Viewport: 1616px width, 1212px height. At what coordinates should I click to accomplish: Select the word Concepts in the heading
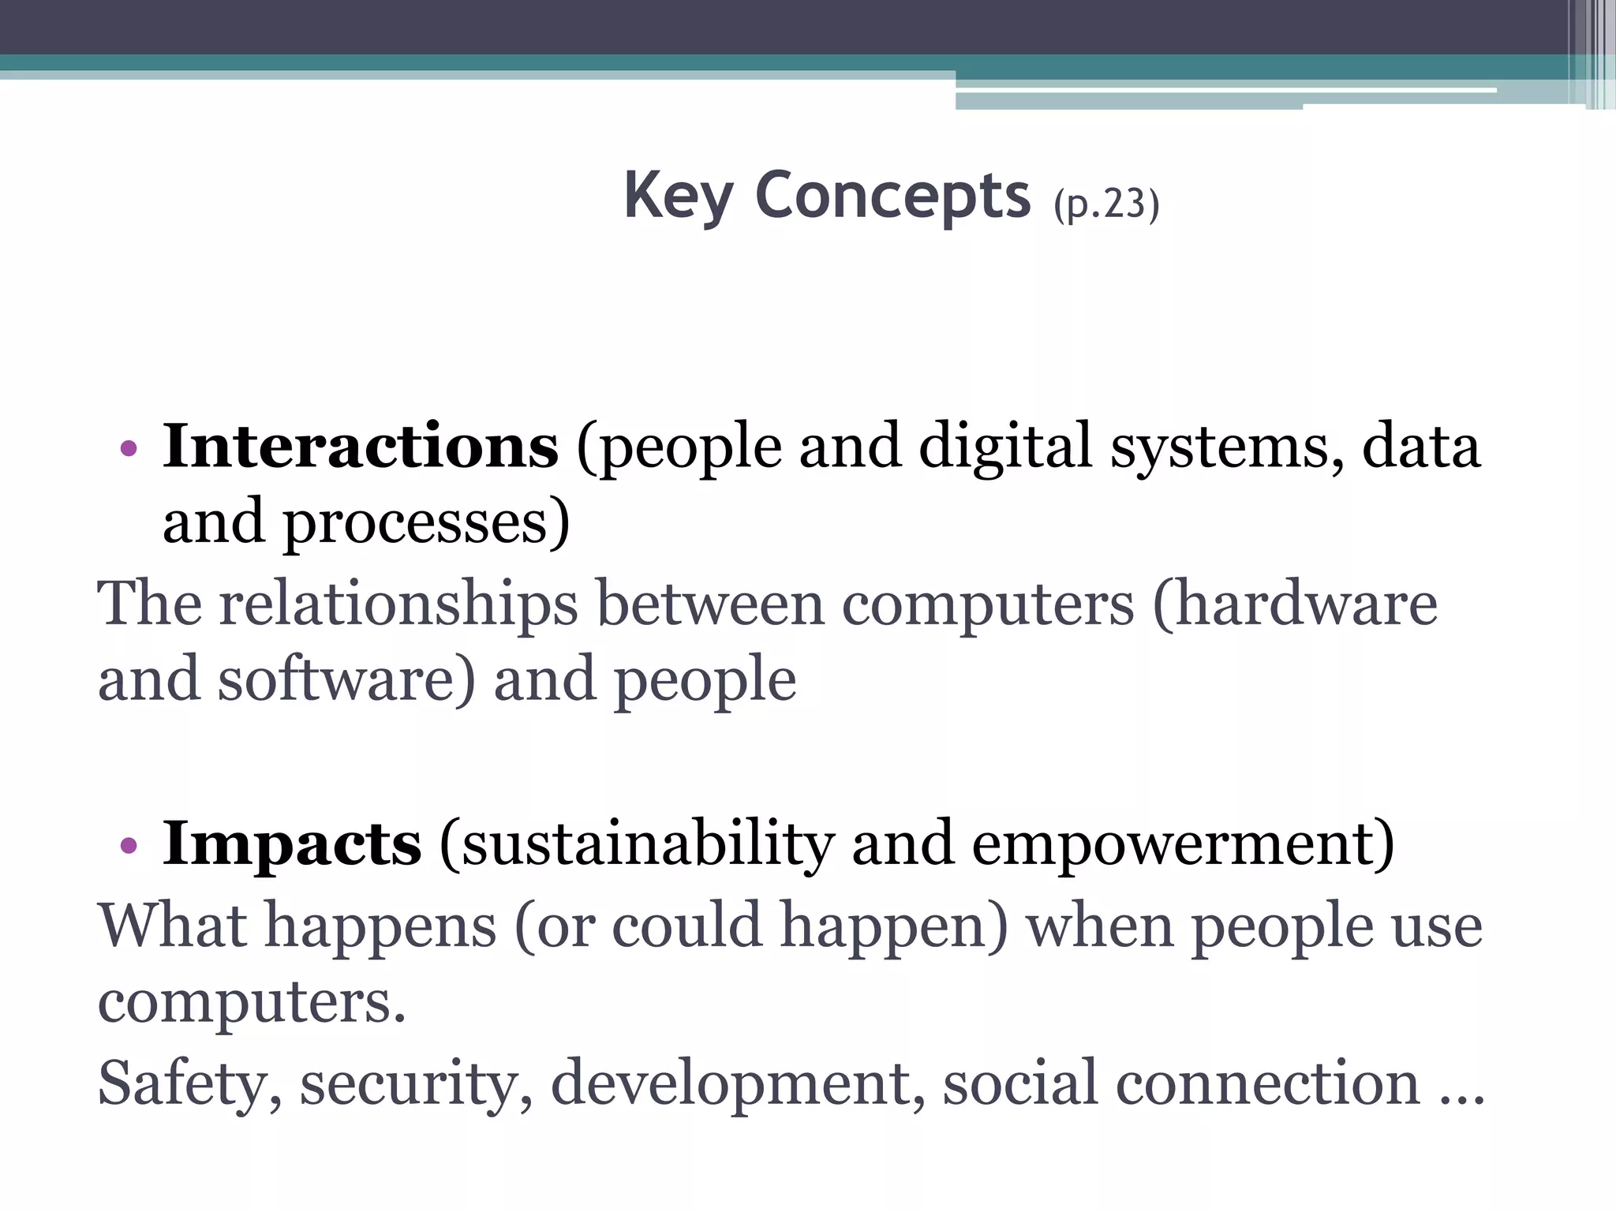click(892, 196)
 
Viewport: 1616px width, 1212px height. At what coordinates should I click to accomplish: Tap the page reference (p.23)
click(1106, 205)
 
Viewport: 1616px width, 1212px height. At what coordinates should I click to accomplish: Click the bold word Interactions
click(361, 447)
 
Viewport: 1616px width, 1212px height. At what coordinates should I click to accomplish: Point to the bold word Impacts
click(292, 844)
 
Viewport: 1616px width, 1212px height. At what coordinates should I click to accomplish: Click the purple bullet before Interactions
click(129, 451)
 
